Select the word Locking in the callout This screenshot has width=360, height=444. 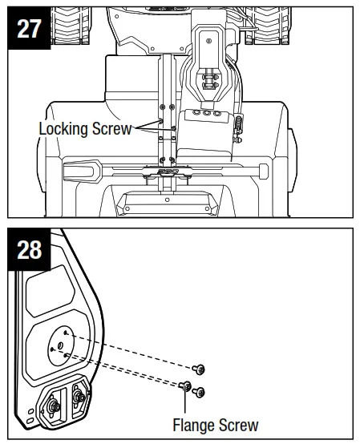point(63,128)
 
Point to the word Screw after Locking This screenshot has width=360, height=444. point(110,128)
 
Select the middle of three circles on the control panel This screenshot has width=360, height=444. point(208,114)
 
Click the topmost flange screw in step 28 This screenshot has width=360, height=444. point(200,369)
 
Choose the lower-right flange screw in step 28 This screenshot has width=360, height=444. point(200,392)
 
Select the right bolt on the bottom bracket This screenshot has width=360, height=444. point(79,395)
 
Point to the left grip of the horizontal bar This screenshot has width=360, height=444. point(78,170)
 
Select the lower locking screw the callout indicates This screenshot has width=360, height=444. point(171,136)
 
